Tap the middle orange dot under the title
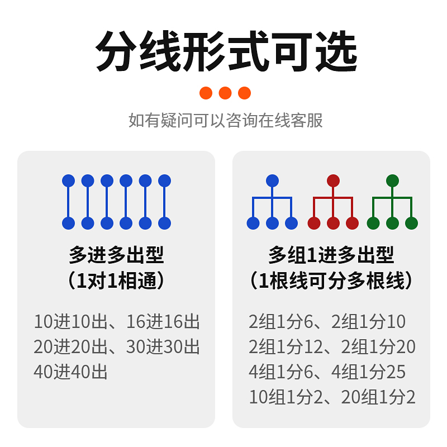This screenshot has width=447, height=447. [225, 93]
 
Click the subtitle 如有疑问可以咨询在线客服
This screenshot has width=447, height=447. [225, 120]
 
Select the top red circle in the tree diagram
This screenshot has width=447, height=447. [333, 180]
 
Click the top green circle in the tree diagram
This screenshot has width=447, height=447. [392, 180]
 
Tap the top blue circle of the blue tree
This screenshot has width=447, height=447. [272, 180]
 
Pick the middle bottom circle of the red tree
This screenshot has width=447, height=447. [333, 223]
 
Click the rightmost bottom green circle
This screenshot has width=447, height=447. [411, 223]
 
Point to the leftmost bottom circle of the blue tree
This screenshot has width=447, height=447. [253, 223]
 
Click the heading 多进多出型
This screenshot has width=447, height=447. [116, 255]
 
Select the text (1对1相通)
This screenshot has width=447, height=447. [116, 280]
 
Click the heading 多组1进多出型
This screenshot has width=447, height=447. [331, 255]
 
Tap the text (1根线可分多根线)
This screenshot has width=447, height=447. [331, 280]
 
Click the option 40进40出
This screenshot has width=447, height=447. [70, 372]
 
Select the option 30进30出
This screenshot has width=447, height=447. [163, 347]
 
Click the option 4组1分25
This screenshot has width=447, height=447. [369, 372]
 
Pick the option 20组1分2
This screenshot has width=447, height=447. [378, 397]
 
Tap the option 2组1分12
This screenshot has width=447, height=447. [286, 347]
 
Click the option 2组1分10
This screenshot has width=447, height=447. [369, 322]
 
